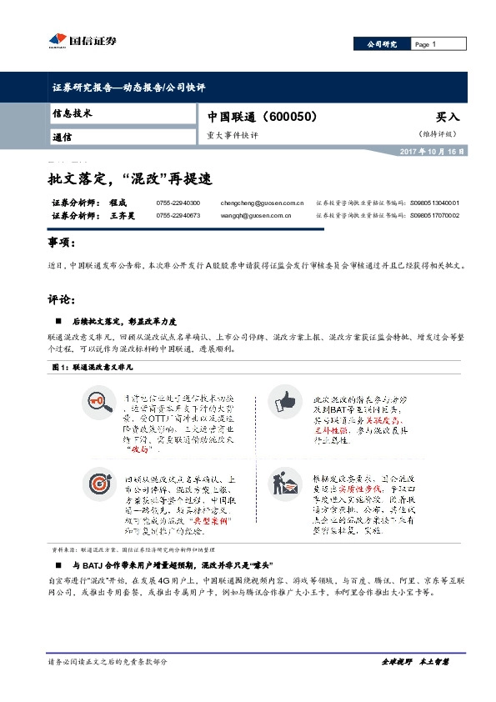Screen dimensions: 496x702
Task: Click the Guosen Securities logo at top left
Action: (x=79, y=40)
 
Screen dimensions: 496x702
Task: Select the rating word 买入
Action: (x=448, y=118)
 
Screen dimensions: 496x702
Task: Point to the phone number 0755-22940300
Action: (x=178, y=203)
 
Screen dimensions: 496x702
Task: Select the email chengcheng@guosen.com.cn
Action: (x=261, y=203)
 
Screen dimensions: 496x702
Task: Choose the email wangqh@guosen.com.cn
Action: (x=255, y=215)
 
